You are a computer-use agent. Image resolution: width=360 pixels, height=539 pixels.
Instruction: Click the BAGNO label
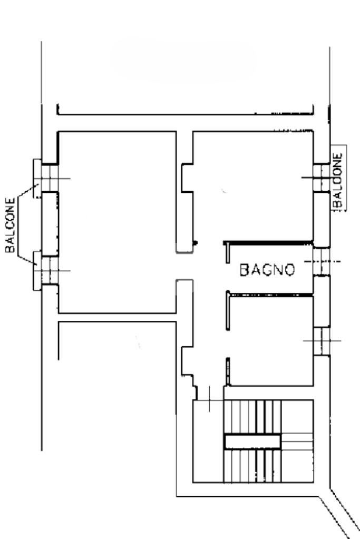(x=267, y=270)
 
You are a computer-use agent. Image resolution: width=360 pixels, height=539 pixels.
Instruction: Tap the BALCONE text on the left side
(x=11, y=225)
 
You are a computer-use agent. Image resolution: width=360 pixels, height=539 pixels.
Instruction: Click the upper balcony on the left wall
(x=37, y=179)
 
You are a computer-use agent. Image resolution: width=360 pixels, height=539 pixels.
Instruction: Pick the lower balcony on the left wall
(x=37, y=271)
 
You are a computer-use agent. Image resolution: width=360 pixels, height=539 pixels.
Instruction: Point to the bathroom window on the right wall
(x=322, y=261)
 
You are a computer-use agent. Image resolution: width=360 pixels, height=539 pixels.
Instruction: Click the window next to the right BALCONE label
(x=322, y=178)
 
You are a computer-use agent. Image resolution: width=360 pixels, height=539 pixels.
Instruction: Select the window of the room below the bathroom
(x=322, y=341)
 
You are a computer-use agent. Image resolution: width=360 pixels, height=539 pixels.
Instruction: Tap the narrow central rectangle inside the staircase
(x=252, y=442)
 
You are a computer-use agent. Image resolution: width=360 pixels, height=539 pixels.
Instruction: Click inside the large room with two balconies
(x=117, y=222)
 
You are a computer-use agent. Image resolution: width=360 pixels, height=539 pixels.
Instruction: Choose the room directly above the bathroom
(x=253, y=186)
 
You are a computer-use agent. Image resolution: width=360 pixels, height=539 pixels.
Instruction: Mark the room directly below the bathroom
(x=271, y=340)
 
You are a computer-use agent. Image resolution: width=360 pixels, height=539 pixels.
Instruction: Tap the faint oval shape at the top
(x=183, y=60)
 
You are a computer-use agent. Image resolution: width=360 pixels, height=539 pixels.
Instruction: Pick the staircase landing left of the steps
(x=208, y=441)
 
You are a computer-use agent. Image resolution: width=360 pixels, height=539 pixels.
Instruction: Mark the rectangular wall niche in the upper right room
(x=187, y=178)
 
